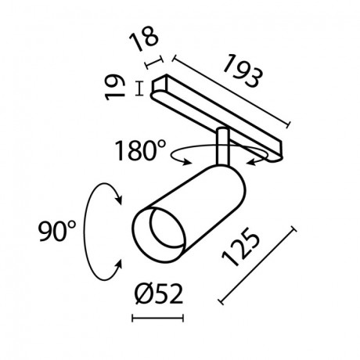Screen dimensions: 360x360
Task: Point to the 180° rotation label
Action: [140, 149]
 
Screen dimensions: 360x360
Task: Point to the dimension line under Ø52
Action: [160, 319]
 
